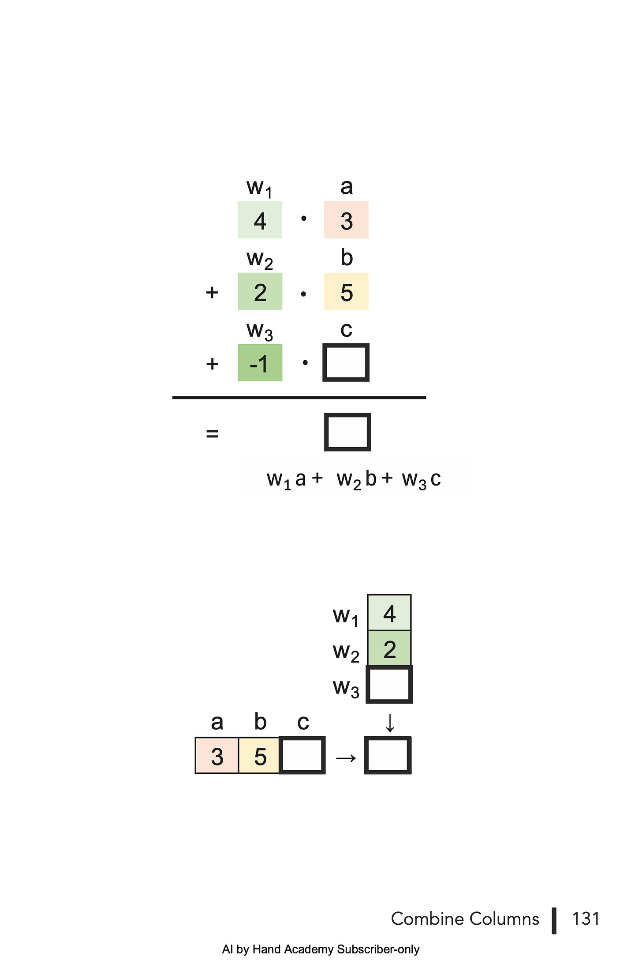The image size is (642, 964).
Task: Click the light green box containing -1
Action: coord(260,363)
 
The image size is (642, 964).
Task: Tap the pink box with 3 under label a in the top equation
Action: coord(346,220)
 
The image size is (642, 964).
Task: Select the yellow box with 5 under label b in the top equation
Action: coord(346,291)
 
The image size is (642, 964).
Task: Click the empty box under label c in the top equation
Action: coord(346,362)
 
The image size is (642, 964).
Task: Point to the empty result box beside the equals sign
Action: coord(347,432)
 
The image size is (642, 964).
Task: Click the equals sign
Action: coord(212,434)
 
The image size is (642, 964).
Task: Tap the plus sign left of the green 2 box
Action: coord(212,292)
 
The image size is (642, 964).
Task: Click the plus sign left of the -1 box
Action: coord(212,364)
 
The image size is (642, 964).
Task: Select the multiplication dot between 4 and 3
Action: coord(303,218)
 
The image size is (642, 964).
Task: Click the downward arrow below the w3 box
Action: coord(390,723)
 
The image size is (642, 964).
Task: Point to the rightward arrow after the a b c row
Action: coord(346,758)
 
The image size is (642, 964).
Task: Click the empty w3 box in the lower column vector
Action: coord(389,685)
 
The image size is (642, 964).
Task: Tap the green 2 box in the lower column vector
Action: coord(389,649)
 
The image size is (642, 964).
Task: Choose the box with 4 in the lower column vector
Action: coord(389,613)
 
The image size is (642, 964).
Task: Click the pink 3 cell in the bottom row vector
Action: coord(217,756)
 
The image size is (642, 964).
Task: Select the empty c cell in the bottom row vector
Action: coord(302,755)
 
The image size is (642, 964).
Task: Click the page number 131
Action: coord(586,919)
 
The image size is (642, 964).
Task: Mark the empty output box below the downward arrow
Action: coord(388,755)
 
